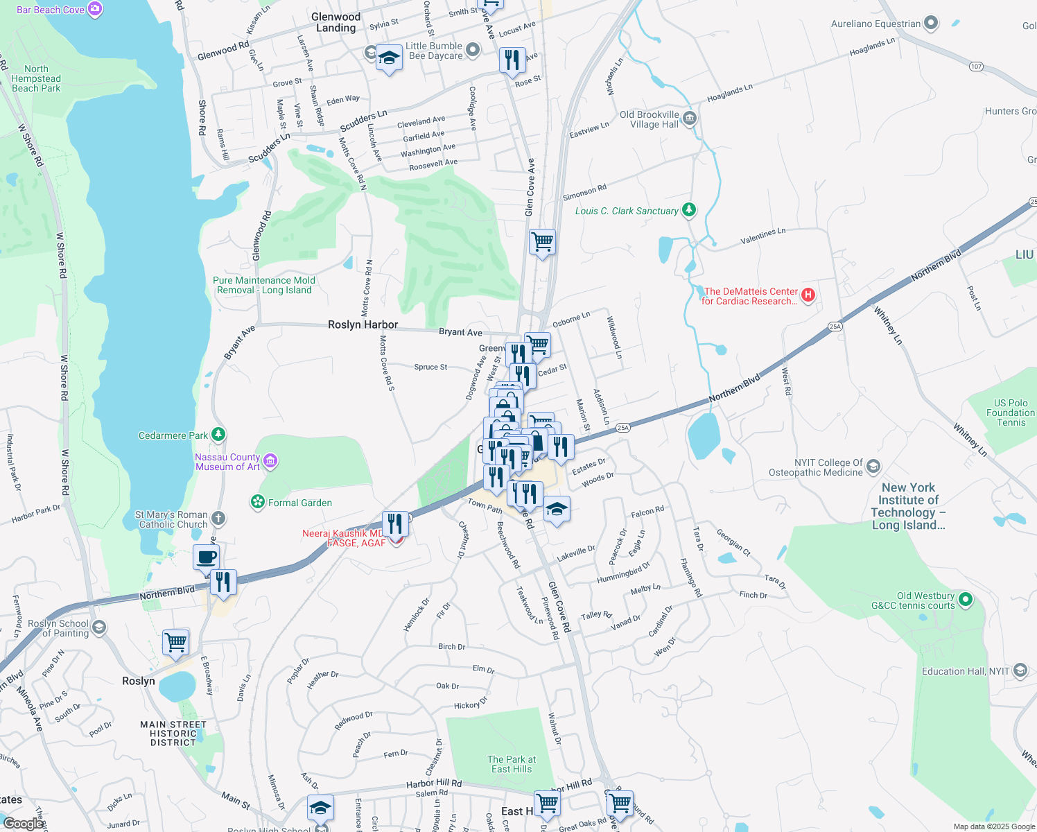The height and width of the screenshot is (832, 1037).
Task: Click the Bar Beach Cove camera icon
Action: click(x=95, y=9)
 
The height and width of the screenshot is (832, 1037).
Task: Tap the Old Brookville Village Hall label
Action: click(x=650, y=119)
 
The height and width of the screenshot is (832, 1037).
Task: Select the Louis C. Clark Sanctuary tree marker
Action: click(x=688, y=209)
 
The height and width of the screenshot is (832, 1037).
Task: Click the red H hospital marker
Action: click(x=808, y=295)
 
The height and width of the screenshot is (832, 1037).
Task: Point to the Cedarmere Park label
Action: click(x=173, y=435)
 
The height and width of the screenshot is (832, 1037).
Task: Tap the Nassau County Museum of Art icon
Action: click(x=270, y=460)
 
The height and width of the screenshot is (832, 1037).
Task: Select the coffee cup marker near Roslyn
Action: click(x=206, y=557)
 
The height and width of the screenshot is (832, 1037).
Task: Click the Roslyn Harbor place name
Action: click(x=363, y=324)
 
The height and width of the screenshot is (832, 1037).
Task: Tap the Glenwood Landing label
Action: click(x=336, y=22)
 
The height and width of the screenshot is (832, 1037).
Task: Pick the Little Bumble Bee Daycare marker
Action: click(x=473, y=49)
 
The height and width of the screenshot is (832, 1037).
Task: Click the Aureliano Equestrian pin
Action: click(x=931, y=24)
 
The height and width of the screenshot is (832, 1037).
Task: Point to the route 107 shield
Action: click(x=977, y=67)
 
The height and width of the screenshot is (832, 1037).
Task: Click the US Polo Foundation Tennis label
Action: click(x=1011, y=413)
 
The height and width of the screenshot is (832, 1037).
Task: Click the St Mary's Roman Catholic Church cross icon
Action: click(x=218, y=518)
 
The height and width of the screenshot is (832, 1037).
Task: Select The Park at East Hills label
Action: click(x=512, y=764)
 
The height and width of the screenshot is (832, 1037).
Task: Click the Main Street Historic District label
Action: click(x=173, y=734)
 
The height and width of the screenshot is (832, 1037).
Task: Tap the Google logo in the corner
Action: click(x=24, y=823)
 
